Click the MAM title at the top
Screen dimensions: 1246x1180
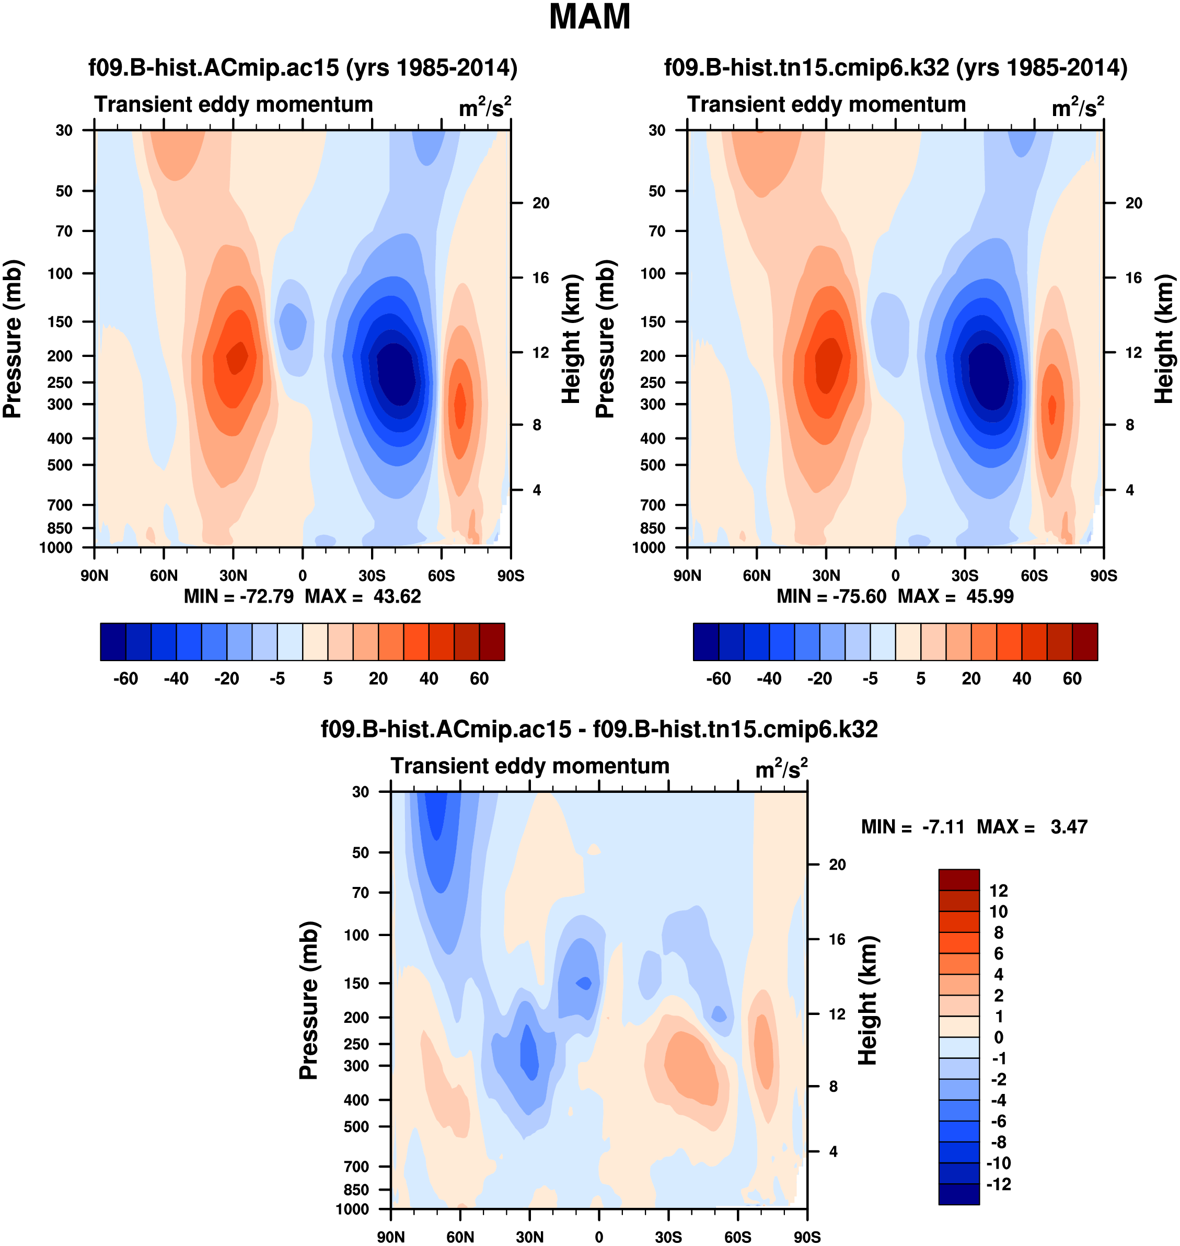[x=589, y=17]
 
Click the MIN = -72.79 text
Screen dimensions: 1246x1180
[x=238, y=596]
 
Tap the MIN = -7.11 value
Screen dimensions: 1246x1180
[x=912, y=826]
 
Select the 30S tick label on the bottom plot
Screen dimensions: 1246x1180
[x=668, y=1237]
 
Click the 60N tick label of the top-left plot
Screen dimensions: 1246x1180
[x=164, y=575]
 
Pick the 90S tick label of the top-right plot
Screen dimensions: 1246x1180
[x=1103, y=575]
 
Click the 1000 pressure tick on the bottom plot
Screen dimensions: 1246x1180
[x=352, y=1209]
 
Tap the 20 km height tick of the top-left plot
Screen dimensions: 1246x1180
[x=541, y=203]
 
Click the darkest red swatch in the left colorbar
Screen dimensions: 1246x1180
[x=492, y=642]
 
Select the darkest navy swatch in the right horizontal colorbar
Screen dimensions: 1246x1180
[x=705, y=642]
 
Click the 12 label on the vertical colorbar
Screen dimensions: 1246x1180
[x=998, y=891]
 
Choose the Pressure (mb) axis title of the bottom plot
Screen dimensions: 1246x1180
[x=309, y=1000]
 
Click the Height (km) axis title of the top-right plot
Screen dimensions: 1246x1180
[x=1164, y=338]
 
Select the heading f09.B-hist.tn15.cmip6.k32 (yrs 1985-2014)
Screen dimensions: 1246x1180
[x=896, y=67]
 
